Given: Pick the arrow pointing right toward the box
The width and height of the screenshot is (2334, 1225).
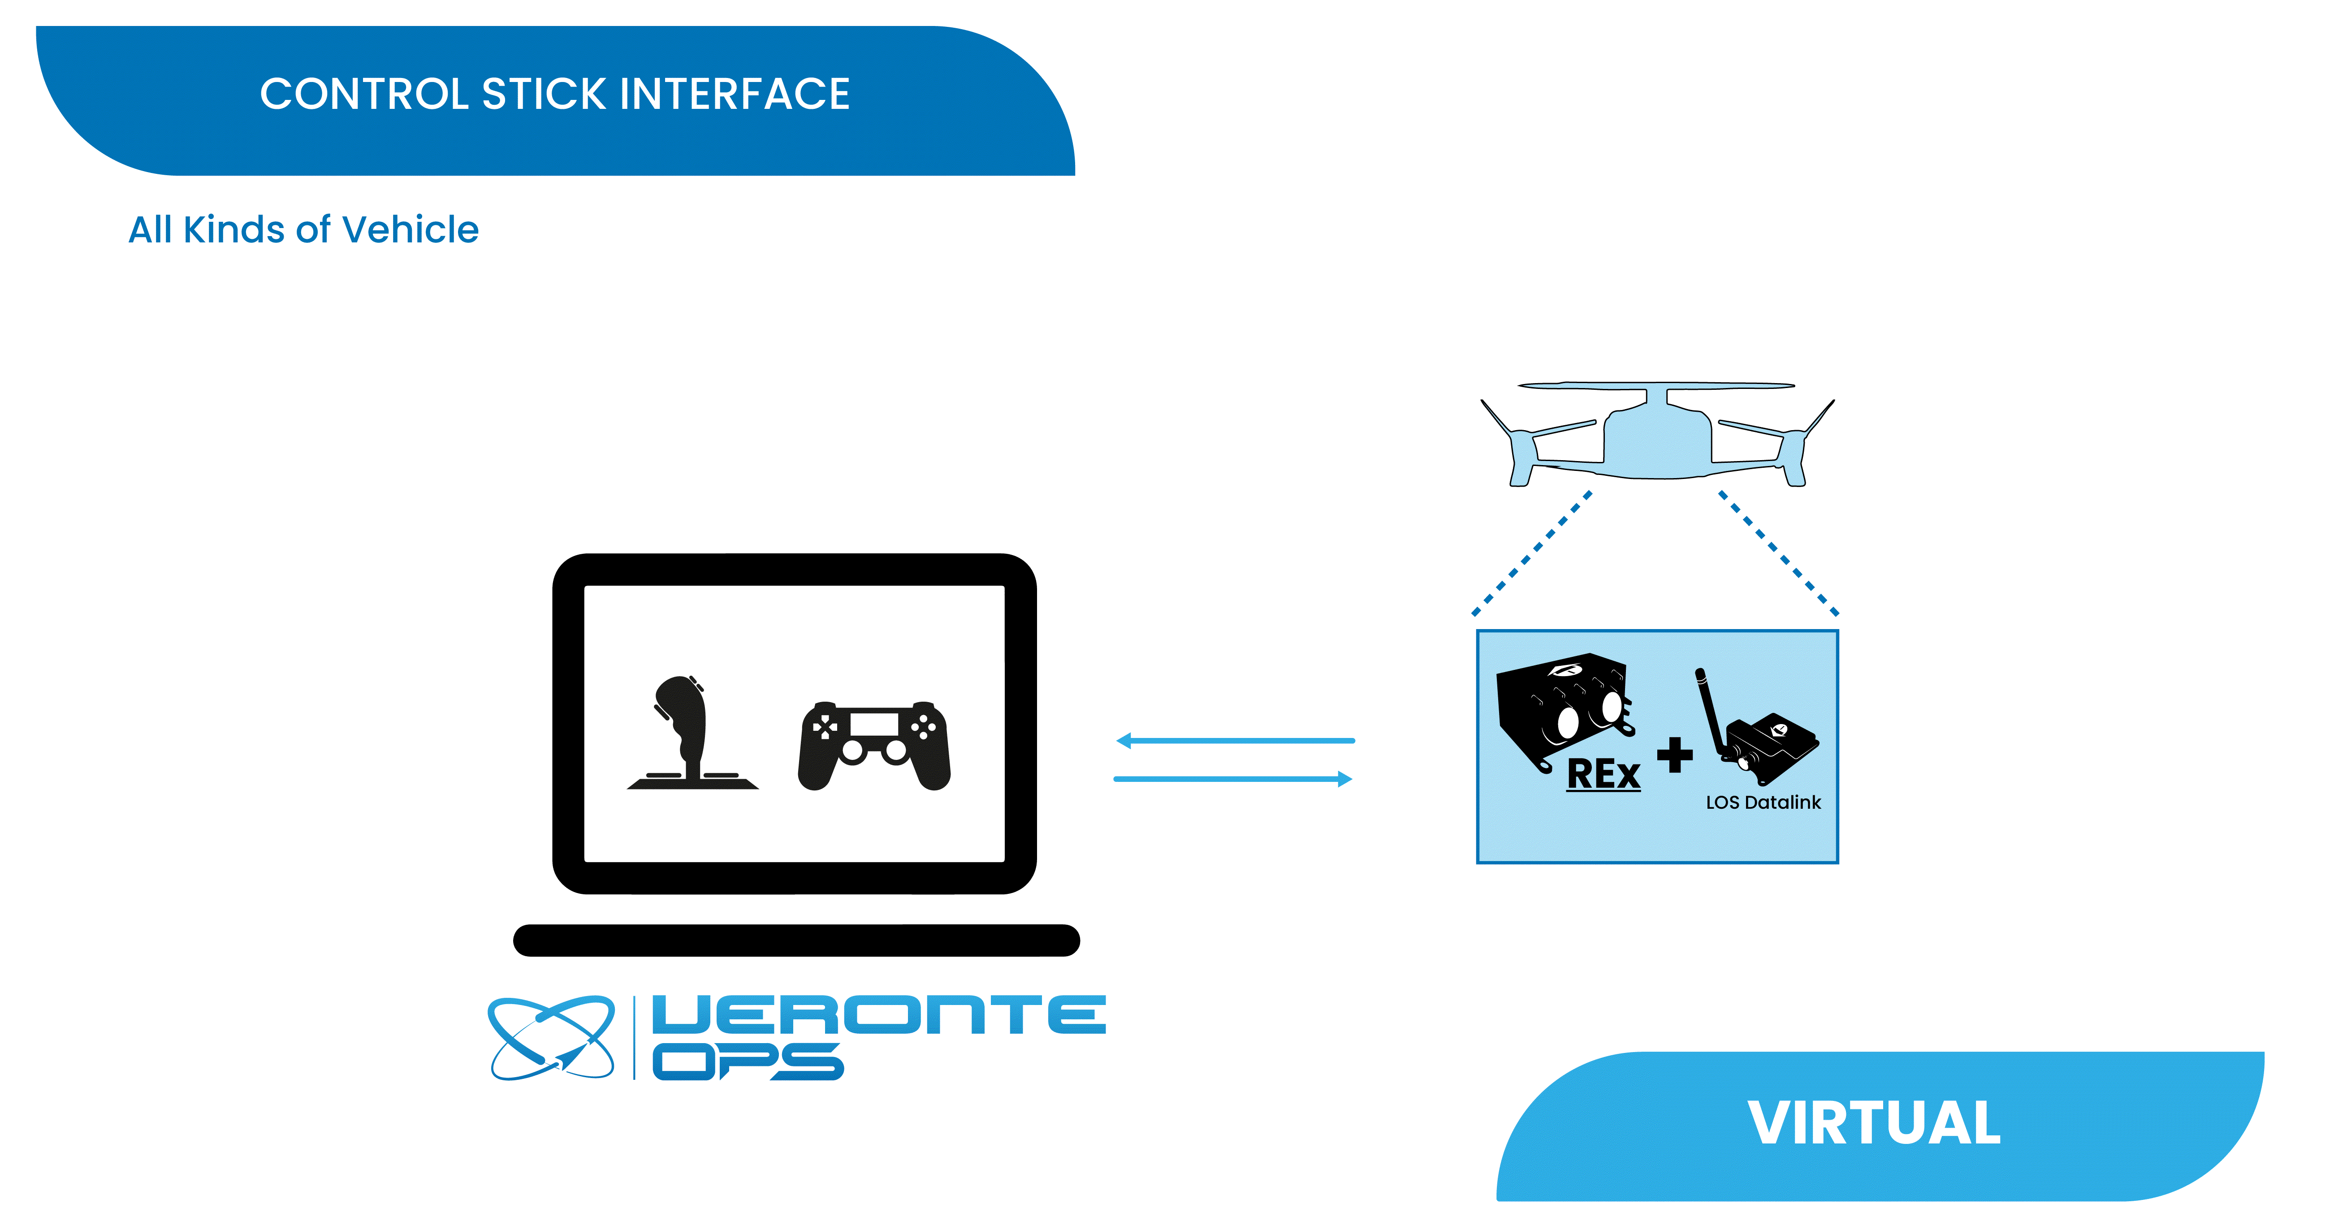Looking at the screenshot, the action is pyautogui.click(x=1233, y=778).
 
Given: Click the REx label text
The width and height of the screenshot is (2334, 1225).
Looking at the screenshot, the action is pyautogui.click(x=1604, y=775).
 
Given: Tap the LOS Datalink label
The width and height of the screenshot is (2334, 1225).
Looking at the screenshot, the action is pyautogui.click(x=1763, y=802).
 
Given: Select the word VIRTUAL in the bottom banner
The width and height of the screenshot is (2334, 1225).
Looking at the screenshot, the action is pyautogui.click(x=1874, y=1124).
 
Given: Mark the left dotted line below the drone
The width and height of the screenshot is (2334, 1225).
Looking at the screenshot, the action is pyautogui.click(x=1531, y=554).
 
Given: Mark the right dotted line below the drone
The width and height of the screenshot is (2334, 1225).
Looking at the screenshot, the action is pyautogui.click(x=1779, y=554).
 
